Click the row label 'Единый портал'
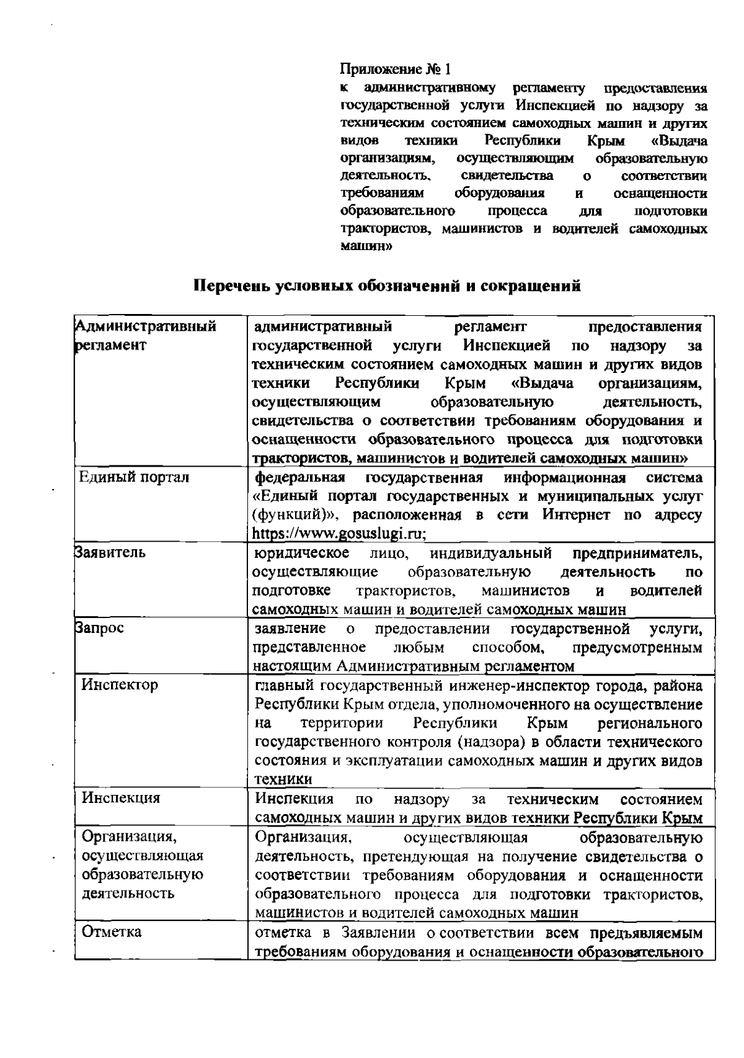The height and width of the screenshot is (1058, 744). click(136, 477)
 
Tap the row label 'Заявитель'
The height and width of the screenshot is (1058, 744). click(110, 552)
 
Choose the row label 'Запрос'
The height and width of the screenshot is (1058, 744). click(100, 627)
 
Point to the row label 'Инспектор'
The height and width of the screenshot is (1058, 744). click(120, 684)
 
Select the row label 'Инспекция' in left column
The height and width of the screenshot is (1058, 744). click(122, 798)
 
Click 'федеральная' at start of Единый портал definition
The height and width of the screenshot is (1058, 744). click(300, 477)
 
